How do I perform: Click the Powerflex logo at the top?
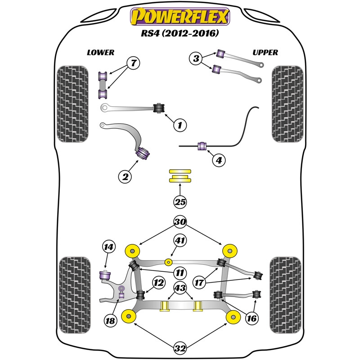pos(180,18)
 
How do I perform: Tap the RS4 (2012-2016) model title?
pos(180,33)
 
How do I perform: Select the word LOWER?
pos(100,52)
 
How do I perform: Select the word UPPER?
pos(265,52)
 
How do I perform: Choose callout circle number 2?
pos(126,177)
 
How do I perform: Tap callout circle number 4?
pos(218,160)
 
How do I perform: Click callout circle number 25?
pos(180,202)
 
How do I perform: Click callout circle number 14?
pos(108,247)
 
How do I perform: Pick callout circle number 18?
pos(111,320)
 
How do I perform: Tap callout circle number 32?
pos(180,348)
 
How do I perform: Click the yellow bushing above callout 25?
pos(180,175)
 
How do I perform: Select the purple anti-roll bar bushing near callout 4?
pos(202,145)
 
